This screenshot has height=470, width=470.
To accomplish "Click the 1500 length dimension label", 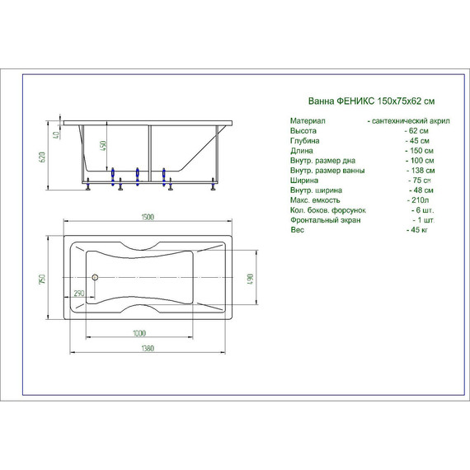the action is click(x=148, y=217).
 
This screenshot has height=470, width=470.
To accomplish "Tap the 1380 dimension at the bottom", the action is click(x=148, y=348).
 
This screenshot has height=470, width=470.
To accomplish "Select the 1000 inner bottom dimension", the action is click(x=139, y=333).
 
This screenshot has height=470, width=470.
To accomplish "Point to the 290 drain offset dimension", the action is click(x=79, y=294).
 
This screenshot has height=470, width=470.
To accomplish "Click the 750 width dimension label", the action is click(x=42, y=279).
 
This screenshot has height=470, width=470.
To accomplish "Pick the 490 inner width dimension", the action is click(x=251, y=279).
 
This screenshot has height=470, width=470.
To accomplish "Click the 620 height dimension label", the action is click(x=42, y=157).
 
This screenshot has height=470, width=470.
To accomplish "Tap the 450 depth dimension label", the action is click(x=103, y=146).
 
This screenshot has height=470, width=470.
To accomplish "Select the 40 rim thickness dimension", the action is click(x=56, y=135).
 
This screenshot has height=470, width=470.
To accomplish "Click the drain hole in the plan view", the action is click(x=95, y=277).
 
